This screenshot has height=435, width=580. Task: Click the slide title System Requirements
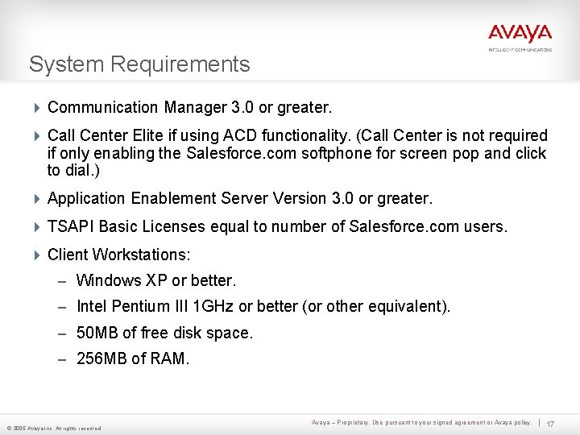pos(139,64)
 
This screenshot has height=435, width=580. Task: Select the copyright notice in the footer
pos(54,428)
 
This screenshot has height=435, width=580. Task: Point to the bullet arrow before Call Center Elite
pos(37,136)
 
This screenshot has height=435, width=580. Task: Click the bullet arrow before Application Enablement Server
pos(37,198)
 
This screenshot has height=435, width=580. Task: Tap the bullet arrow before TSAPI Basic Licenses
pos(37,227)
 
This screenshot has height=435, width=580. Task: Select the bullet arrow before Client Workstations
pos(37,255)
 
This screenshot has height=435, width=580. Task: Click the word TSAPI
pos(69,227)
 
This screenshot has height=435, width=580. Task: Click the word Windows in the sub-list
pos(108,281)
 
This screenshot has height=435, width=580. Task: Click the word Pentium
pos(138,307)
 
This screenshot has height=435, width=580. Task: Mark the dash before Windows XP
pos(63,281)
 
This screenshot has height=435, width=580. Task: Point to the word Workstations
pos(141,255)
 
